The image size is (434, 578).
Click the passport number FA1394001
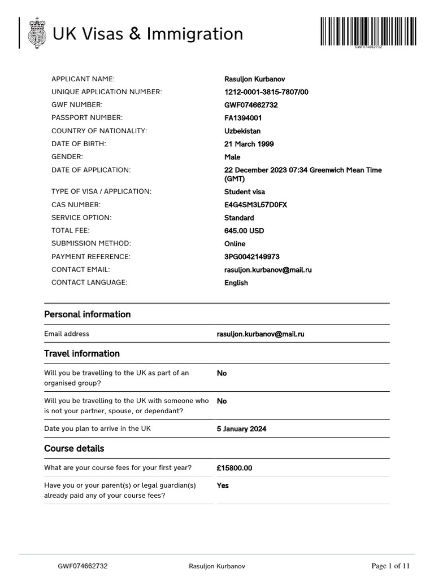coord(243,118)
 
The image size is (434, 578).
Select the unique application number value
coord(267,92)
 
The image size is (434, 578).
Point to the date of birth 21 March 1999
coord(249,144)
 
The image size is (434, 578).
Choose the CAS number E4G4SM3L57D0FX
coord(255,205)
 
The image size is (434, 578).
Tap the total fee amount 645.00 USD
coord(244,231)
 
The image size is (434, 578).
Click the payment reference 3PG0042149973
coord(252,257)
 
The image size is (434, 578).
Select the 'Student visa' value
coord(245,192)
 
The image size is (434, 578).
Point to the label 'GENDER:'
coord(67,156)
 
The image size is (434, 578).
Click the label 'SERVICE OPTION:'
coord(81,217)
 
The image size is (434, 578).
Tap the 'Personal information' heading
coord(87,314)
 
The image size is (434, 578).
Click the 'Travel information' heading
coord(82,353)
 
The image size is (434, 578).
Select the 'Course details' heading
coord(74,449)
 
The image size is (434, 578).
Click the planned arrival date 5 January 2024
coord(241,429)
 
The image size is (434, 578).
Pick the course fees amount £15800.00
coord(235,468)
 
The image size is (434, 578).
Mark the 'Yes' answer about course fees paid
coord(223,485)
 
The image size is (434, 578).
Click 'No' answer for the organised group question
coord(222,373)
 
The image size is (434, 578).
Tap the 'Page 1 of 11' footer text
coord(390,566)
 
